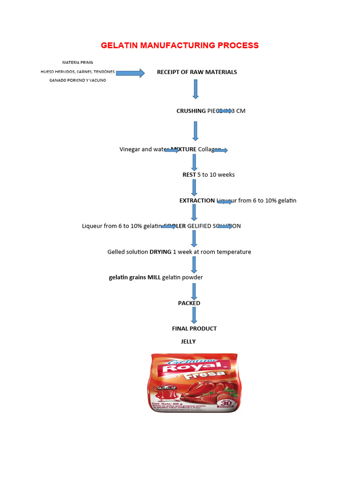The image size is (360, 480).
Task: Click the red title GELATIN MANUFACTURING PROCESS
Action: [180, 45]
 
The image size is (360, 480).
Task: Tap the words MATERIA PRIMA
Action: [77, 62]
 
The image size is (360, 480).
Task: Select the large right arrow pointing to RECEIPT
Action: [130, 73]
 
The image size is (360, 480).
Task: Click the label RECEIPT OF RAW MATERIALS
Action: [197, 72]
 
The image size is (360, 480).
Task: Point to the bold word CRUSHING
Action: [191, 111]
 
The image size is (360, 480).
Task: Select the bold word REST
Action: [189, 175]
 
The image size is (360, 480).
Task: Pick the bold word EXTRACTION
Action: [197, 201]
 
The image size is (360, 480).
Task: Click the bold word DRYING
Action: [160, 252]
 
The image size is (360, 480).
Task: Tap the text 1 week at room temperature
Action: [212, 252]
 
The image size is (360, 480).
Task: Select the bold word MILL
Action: [154, 277]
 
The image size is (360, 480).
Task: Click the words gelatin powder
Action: [182, 277]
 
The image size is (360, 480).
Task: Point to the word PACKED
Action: [189, 303]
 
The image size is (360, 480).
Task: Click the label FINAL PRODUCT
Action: [194, 329]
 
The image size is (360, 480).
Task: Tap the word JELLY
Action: [188, 342]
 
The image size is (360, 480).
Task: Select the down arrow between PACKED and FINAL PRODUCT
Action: [194, 315]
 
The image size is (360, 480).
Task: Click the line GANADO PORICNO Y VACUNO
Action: [78, 80]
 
